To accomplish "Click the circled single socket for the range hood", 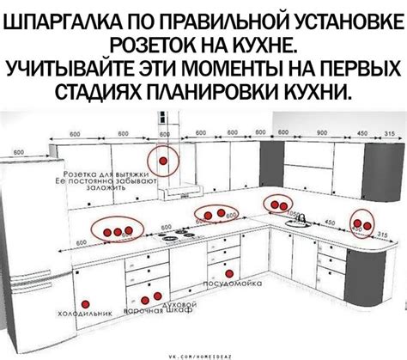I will click(161, 160).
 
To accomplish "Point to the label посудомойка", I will click(226, 283).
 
